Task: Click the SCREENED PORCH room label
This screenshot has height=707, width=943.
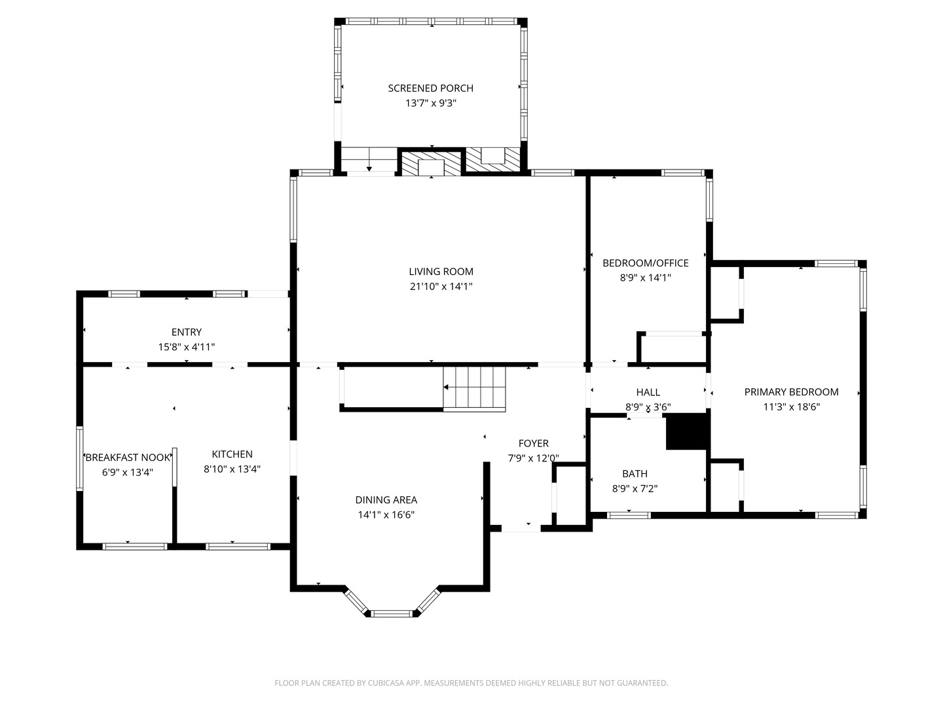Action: coord(430,88)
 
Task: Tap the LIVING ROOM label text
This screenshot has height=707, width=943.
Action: coord(441,272)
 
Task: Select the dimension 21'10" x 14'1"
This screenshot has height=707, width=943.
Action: coord(441,287)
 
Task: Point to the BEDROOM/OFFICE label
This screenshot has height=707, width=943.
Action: coord(645,263)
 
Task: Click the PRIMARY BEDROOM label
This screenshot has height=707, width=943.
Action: coord(791,392)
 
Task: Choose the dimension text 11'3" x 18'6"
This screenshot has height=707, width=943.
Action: coord(791,407)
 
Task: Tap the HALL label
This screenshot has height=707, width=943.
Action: coord(648,392)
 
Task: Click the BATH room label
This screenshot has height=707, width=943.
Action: coord(635,474)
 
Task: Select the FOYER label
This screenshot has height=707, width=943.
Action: coord(533,444)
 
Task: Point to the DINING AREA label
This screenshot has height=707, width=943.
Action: coord(386,500)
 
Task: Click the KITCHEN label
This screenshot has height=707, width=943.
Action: coord(232,454)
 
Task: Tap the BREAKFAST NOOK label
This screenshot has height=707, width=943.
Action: coord(128,458)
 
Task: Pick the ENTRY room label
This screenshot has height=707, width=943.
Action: coord(186,333)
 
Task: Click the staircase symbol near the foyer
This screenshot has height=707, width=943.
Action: coord(475,389)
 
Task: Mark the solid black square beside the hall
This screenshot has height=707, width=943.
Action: coord(687,432)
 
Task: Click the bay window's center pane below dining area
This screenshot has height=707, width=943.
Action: coord(392,613)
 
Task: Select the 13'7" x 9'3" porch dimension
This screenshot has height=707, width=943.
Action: coord(430,103)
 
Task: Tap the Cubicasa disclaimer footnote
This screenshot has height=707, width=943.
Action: coord(471,683)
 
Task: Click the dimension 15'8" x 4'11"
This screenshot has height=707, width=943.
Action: coord(186,348)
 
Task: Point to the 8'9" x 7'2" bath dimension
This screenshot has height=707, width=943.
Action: coord(635,489)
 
